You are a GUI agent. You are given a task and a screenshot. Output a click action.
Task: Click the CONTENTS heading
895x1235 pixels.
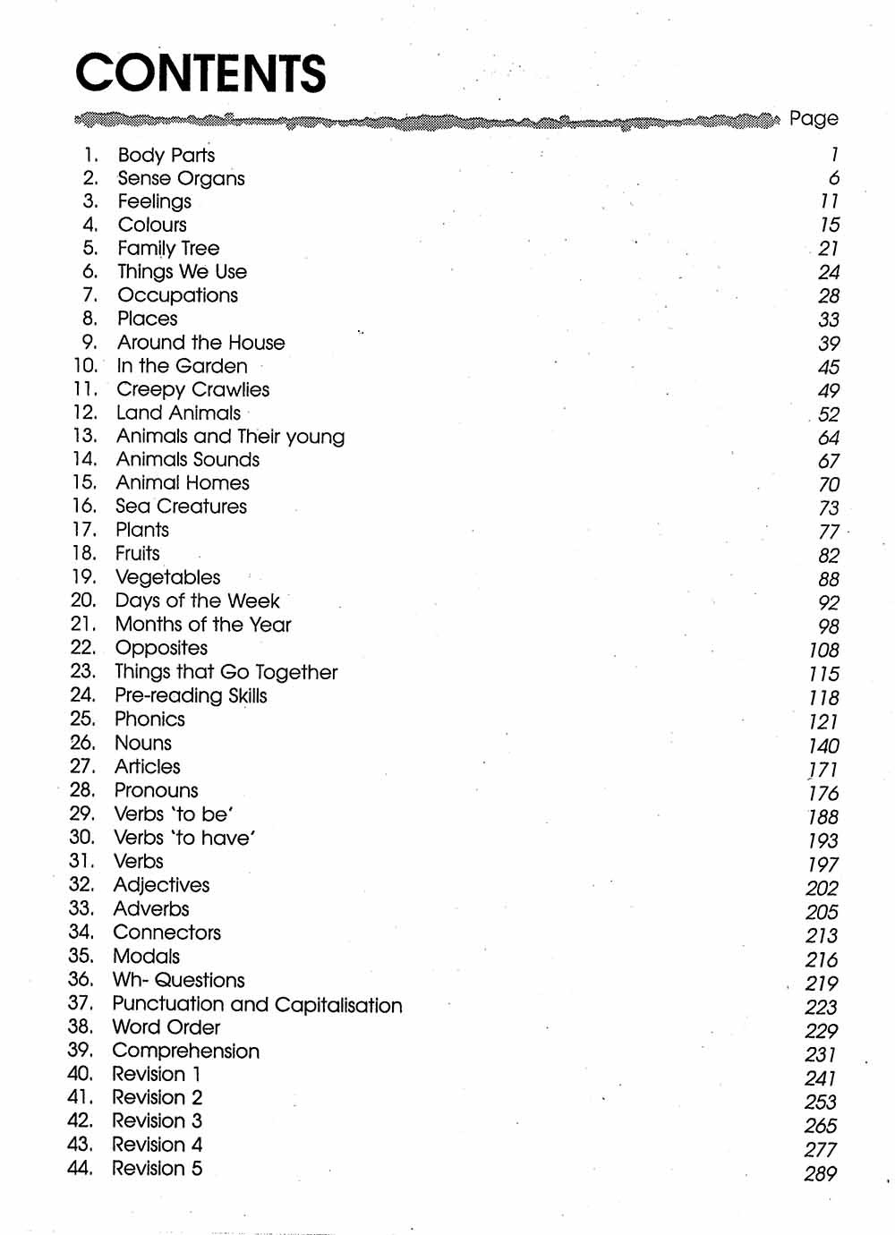point(200,73)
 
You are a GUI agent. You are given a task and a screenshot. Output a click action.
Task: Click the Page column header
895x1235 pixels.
point(814,118)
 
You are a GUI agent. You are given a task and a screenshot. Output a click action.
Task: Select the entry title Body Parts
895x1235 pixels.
point(166,155)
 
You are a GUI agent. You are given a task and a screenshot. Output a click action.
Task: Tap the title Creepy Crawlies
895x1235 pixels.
point(192,389)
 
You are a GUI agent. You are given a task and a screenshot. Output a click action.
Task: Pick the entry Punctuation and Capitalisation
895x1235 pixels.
point(257,1004)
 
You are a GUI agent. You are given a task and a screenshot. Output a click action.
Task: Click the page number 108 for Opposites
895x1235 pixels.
point(823,651)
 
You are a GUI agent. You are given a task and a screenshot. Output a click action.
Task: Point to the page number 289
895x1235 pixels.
point(820,1173)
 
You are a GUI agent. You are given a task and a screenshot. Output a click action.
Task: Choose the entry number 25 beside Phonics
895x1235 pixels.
point(82,719)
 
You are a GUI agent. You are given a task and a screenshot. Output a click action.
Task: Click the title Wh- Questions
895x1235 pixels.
point(178,980)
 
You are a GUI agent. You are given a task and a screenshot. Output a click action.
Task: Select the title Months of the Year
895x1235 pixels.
point(203,625)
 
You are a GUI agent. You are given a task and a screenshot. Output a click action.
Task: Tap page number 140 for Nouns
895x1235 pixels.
point(823,745)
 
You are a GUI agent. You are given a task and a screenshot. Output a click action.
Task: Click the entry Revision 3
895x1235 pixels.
point(157,1120)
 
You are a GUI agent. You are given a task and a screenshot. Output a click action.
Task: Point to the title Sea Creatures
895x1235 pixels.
point(181,507)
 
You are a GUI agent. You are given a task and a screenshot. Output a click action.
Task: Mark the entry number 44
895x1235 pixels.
point(80,1168)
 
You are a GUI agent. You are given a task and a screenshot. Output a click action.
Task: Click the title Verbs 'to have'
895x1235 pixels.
point(184,838)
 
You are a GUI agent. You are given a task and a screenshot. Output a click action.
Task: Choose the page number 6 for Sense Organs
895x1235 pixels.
point(833,178)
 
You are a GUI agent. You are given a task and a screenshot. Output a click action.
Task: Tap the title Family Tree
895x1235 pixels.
point(168,248)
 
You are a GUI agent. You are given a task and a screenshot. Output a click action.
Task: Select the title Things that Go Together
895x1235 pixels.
point(226,671)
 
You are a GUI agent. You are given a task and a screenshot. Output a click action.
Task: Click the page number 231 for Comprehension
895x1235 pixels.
point(821,1054)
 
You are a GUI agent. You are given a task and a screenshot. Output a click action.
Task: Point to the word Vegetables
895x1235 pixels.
point(167,577)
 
